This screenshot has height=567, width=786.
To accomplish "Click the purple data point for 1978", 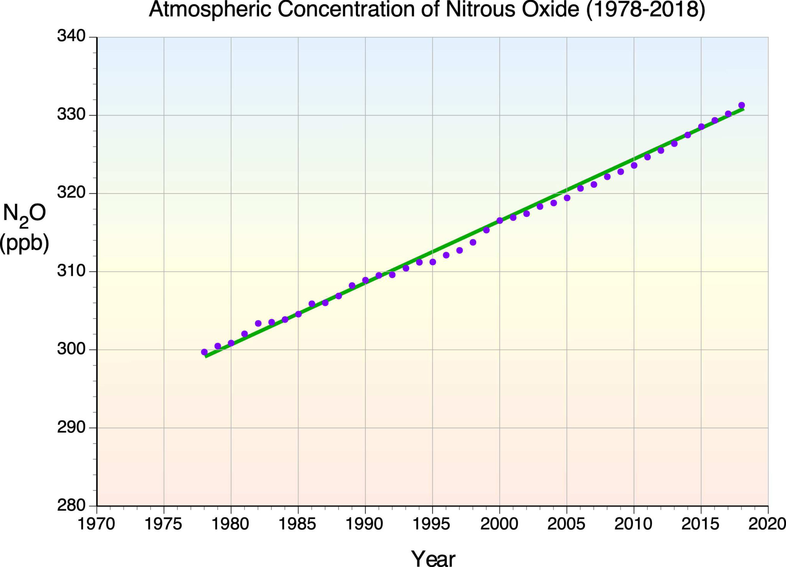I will coord(204,352).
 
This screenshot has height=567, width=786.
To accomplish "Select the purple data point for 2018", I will coord(741,105).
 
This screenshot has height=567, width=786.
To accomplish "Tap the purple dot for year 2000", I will coord(500,220).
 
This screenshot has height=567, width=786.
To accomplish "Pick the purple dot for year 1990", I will coord(365,280).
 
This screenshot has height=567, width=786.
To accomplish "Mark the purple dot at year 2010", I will coord(634,166).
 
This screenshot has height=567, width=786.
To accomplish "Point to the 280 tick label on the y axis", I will coord(71,506).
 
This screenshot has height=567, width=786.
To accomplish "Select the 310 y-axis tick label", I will coord(71,271).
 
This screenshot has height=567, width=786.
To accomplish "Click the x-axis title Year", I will coord(433,557).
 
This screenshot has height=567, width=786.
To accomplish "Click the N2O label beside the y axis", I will coord(24,214).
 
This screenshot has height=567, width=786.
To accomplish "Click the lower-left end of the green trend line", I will coord(206,356).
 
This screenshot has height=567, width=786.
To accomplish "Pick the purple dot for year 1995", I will coord(433,262).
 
